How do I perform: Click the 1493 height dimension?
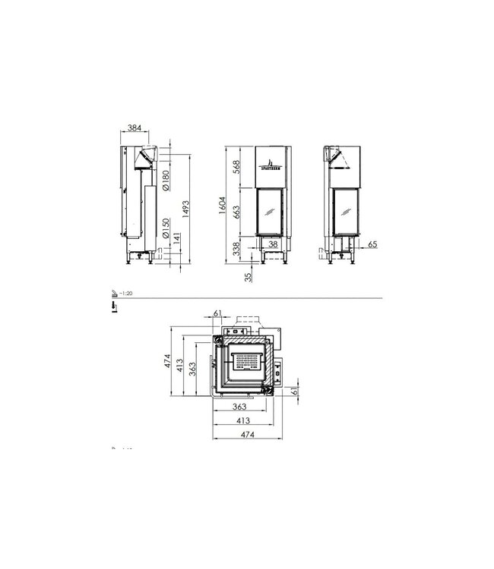click(x=186, y=206)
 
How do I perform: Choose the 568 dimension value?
click(x=238, y=168)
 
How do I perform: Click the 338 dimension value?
click(x=237, y=249)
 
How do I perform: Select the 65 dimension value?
click(x=372, y=245)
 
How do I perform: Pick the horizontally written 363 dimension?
click(x=242, y=407)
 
